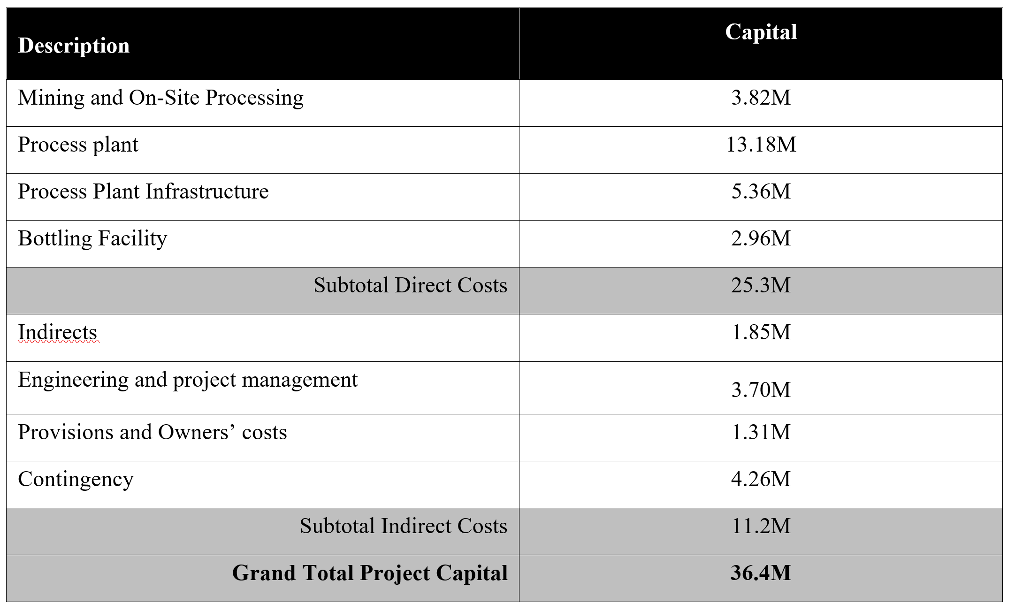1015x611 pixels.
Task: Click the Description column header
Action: click(x=74, y=46)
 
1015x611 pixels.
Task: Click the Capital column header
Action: click(x=761, y=32)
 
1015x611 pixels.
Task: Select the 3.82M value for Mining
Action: click(x=761, y=98)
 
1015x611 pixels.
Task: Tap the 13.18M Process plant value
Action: click(x=761, y=145)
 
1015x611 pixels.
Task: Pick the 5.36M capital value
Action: click(x=761, y=191)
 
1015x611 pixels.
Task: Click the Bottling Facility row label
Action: click(x=92, y=238)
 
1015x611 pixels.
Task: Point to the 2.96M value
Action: click(x=761, y=238)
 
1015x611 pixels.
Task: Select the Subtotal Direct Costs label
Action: click(x=411, y=285)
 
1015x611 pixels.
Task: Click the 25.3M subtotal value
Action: click(x=761, y=285)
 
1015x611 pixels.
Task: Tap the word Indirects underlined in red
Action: click(x=58, y=332)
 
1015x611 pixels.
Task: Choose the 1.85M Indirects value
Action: click(x=761, y=332)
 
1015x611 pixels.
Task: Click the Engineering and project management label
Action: click(x=188, y=380)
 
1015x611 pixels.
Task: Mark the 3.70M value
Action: click(x=761, y=390)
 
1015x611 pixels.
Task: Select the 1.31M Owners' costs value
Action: click(x=761, y=432)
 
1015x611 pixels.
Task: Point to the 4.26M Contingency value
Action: click(x=761, y=479)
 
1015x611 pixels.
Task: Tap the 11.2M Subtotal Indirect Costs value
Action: click(x=761, y=526)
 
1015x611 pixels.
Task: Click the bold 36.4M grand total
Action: click(x=761, y=573)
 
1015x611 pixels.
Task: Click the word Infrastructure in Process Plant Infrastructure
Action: click(x=207, y=191)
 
